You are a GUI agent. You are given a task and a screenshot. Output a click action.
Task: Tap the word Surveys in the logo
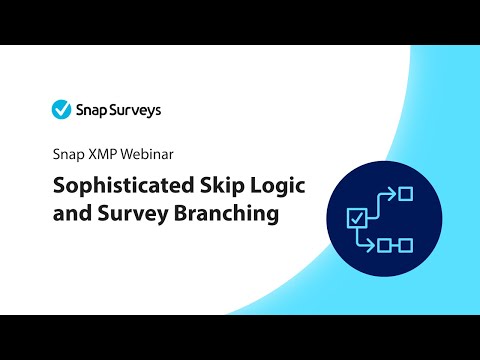click(133, 109)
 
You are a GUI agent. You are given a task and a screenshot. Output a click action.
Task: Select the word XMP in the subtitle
click(104, 155)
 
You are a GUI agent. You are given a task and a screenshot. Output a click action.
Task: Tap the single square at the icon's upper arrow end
click(405, 192)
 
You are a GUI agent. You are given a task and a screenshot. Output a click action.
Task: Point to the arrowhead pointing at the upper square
click(393, 192)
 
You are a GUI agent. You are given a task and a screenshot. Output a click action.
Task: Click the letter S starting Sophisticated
click(58, 185)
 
